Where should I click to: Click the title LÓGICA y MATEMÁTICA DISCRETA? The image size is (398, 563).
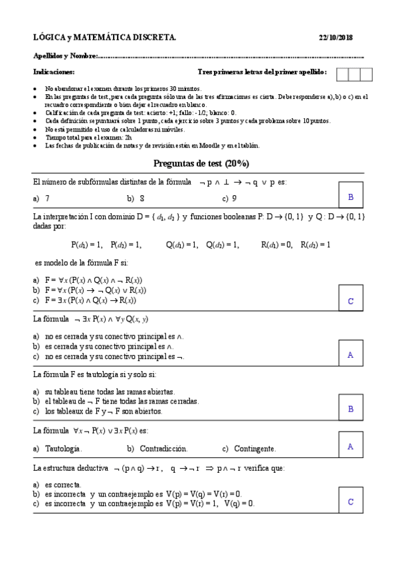(x=104, y=37)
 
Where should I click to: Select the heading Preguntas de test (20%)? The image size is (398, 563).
(x=201, y=163)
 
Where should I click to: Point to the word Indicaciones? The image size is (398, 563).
(x=54, y=72)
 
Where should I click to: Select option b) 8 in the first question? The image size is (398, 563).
(x=136, y=198)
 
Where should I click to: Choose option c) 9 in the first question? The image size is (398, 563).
(x=230, y=198)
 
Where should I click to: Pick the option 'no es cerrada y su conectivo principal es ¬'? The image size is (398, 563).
(x=110, y=356)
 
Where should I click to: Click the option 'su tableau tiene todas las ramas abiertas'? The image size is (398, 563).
(x=110, y=392)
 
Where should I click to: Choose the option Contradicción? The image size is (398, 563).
(x=158, y=448)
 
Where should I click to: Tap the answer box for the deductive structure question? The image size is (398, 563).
(x=350, y=501)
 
